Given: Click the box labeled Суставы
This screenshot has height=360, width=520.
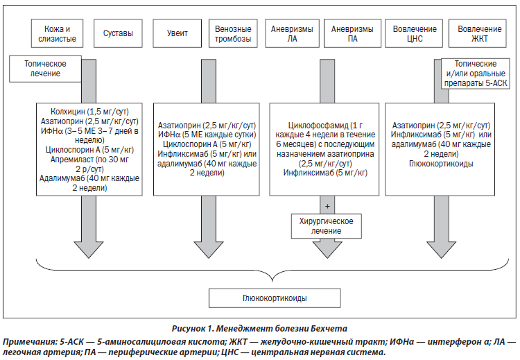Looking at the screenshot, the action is (x=118, y=33).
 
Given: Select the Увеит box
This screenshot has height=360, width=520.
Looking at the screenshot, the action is (x=177, y=33).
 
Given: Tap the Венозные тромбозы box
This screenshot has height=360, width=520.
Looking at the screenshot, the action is (x=233, y=33).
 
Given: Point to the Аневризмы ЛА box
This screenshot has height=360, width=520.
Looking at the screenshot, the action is (x=292, y=33).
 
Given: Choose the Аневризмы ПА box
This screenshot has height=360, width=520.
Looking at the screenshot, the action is (x=352, y=33).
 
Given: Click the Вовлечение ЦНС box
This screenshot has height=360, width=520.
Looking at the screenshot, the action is (x=414, y=33).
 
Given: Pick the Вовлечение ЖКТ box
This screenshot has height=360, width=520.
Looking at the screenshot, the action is (x=478, y=33).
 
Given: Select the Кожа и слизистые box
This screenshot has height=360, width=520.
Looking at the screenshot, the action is (x=57, y=33).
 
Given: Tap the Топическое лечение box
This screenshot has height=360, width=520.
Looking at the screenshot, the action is (x=46, y=69).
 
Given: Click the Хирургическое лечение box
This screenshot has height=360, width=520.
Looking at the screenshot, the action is (x=327, y=226).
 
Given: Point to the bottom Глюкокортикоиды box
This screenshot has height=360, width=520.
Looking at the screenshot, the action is (x=275, y=298).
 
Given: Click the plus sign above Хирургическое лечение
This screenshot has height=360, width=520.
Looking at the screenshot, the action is (x=327, y=207).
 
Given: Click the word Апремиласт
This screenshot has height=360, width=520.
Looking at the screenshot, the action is (x=72, y=160).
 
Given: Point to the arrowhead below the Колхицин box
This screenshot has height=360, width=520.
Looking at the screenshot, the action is (x=89, y=250).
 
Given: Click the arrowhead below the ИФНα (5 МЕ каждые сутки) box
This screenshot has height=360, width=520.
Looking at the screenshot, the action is (x=209, y=250).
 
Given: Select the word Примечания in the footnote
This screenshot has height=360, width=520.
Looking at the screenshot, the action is (x=30, y=342).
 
